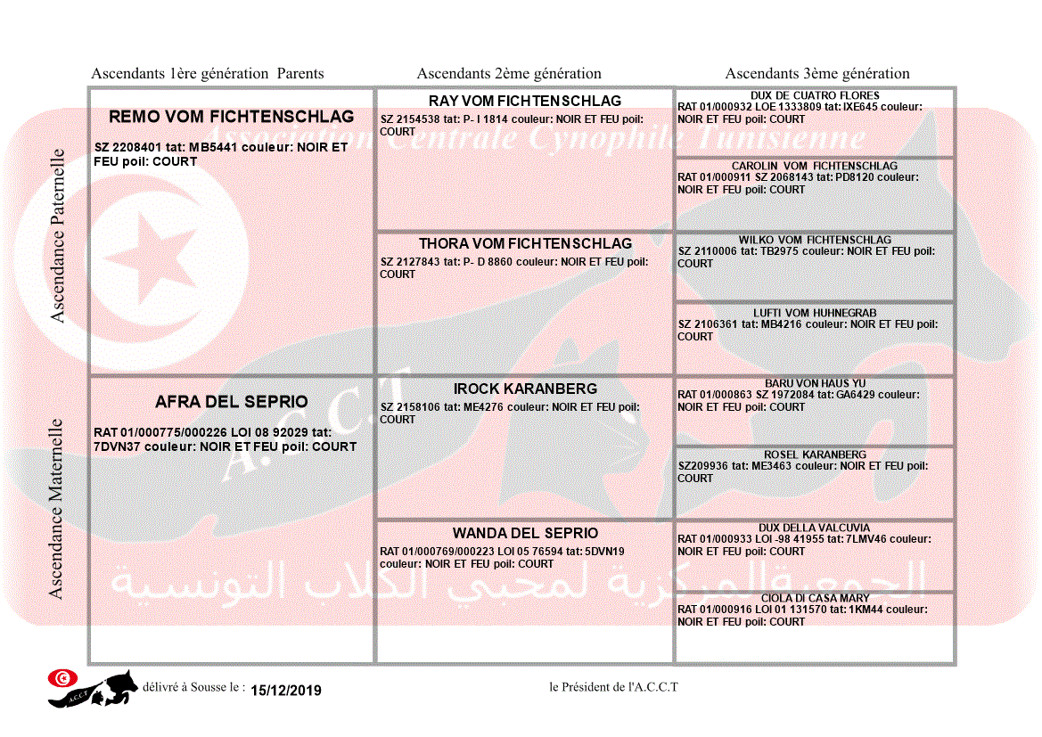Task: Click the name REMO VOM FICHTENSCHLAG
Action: (x=231, y=117)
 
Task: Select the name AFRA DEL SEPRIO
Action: (x=231, y=402)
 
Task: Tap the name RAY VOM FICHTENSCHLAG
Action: (x=525, y=101)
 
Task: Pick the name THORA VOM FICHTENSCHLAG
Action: (x=525, y=243)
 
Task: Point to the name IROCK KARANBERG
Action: (x=525, y=389)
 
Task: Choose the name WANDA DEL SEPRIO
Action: (x=525, y=533)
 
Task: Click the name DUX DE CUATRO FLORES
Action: (x=815, y=95)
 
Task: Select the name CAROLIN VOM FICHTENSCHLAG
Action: (x=815, y=166)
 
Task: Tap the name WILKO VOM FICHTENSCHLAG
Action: (x=815, y=240)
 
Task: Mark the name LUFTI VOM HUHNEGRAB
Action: (x=815, y=313)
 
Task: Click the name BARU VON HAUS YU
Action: (x=815, y=383)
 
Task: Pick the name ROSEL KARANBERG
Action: (x=815, y=454)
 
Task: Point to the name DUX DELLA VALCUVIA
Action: (x=815, y=528)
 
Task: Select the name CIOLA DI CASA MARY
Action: (x=815, y=598)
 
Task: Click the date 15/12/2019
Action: (x=286, y=691)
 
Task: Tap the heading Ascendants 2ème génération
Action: (x=509, y=74)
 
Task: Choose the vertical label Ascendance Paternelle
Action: (x=58, y=236)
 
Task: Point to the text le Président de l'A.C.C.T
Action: (x=614, y=687)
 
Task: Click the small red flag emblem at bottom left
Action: (x=62, y=678)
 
